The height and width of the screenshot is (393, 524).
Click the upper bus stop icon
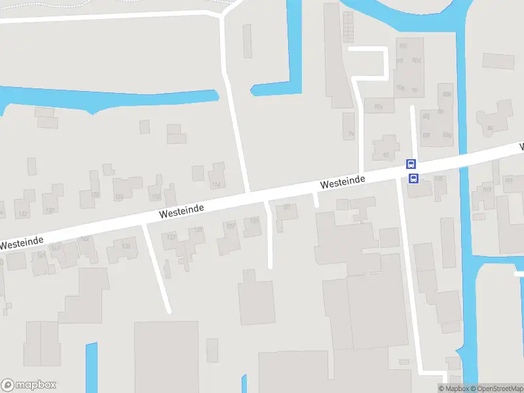coord(411,164)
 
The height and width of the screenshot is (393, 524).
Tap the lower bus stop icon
coord(414,178)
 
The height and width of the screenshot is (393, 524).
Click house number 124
coord(119,196)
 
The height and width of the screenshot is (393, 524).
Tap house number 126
coord(96,195)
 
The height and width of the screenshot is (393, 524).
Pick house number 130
coord(50,210)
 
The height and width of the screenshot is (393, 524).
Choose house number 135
coord(126,246)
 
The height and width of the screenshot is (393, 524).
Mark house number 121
coord(286,208)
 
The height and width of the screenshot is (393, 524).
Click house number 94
coord(351,134)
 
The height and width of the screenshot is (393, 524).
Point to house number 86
coord(490,128)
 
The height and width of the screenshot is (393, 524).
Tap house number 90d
coord(416,60)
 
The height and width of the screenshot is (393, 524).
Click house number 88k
coord(447,94)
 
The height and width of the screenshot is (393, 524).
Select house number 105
coord(438,179)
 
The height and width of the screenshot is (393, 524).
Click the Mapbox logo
coord(29,385)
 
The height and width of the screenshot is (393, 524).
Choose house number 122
coord(156,196)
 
